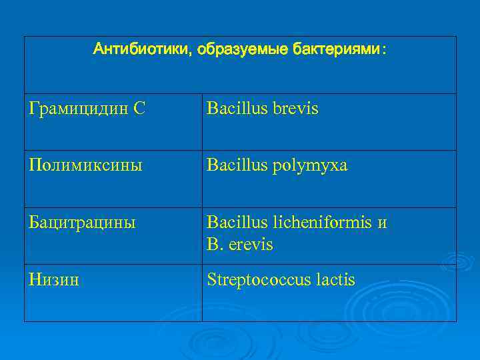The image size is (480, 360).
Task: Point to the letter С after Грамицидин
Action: click(138, 108)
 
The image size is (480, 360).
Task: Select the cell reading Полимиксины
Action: click(85, 165)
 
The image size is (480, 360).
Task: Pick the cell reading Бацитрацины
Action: click(83, 222)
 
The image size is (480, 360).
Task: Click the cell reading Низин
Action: click(54, 279)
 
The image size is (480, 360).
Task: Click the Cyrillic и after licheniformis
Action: click(382, 223)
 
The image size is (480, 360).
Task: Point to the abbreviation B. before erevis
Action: click(215, 245)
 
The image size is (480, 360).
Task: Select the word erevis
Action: click(251, 245)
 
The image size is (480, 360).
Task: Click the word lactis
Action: click(335, 279)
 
